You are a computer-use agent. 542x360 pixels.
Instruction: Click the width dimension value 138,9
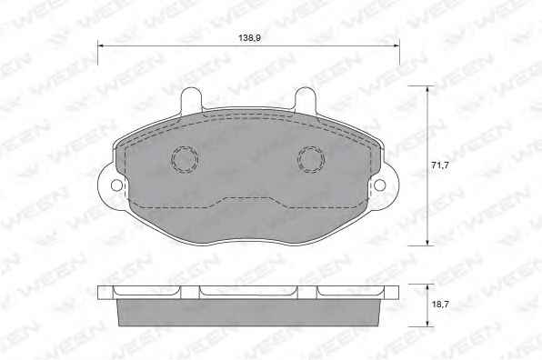(x=249, y=38)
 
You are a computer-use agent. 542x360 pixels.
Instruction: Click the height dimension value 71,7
(x=440, y=165)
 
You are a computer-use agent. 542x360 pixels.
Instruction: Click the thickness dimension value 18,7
(x=440, y=305)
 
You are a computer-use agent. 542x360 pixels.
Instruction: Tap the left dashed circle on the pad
(x=185, y=159)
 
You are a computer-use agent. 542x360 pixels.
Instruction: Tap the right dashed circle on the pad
(x=311, y=159)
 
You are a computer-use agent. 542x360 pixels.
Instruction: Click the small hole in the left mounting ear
(x=116, y=185)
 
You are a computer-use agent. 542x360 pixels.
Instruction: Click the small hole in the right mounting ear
(x=380, y=185)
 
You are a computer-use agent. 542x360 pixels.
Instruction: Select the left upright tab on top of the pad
(x=191, y=100)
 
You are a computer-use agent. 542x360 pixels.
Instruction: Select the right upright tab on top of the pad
(x=306, y=100)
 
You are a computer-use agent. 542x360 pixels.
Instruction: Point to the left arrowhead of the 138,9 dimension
(x=101, y=45)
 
